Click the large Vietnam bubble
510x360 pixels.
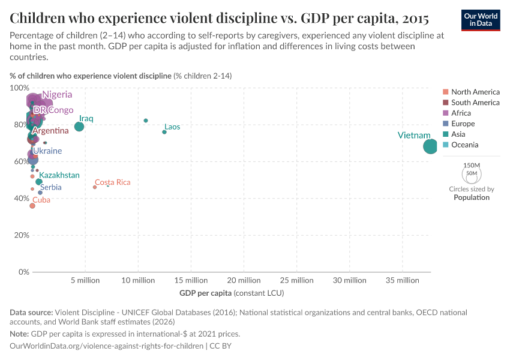(430, 146)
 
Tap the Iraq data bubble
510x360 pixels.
(79, 127)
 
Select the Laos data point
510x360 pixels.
(164, 132)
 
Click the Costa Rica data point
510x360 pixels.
(95, 187)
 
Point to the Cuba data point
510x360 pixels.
(32, 206)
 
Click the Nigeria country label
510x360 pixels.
(57, 95)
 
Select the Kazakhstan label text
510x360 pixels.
(59, 175)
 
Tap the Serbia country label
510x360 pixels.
(51, 187)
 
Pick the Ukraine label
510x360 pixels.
(47, 151)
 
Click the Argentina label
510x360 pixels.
(50, 131)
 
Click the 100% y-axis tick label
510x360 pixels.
(19, 88)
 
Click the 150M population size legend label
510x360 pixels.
(472, 165)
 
